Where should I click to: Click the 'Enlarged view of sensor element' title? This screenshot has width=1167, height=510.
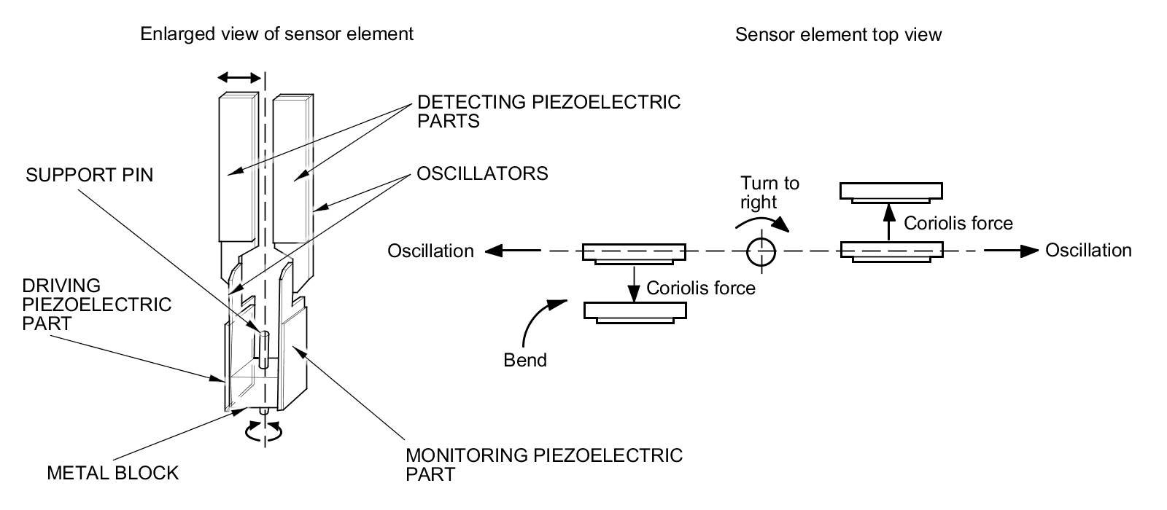pyautogui.click(x=276, y=34)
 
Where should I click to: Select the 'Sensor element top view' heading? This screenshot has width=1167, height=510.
pyautogui.click(x=838, y=34)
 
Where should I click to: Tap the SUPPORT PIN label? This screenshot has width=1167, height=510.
pyautogui.click(x=90, y=176)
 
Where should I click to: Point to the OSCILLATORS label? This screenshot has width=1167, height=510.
pyautogui.click(x=482, y=173)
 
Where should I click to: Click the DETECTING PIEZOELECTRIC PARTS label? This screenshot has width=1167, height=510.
pyautogui.click(x=548, y=111)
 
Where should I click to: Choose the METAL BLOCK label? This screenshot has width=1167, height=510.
pyautogui.click(x=112, y=473)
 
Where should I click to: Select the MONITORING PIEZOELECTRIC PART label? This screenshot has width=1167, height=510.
pyautogui.click(x=544, y=464)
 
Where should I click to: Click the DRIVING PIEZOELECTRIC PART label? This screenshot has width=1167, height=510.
pyautogui.click(x=96, y=304)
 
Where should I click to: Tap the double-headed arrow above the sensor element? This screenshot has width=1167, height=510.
pyautogui.click(x=239, y=77)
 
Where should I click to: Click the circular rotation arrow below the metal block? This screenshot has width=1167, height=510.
pyautogui.click(x=264, y=433)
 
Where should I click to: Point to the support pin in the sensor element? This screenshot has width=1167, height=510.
pyautogui.click(x=263, y=346)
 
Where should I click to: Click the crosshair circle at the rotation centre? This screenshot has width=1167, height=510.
pyautogui.click(x=761, y=251)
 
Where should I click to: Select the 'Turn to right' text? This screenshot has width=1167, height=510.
pyautogui.click(x=769, y=192)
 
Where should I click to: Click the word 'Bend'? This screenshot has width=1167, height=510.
pyautogui.click(x=525, y=360)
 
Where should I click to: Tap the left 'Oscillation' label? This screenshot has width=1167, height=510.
pyautogui.click(x=430, y=251)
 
